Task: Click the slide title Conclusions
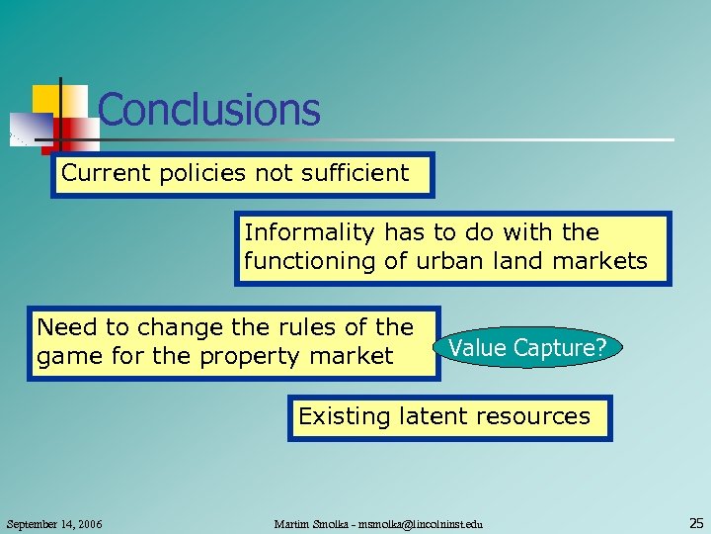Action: tap(209, 110)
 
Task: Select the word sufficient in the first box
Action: tap(360, 174)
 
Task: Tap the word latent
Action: tap(433, 416)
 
